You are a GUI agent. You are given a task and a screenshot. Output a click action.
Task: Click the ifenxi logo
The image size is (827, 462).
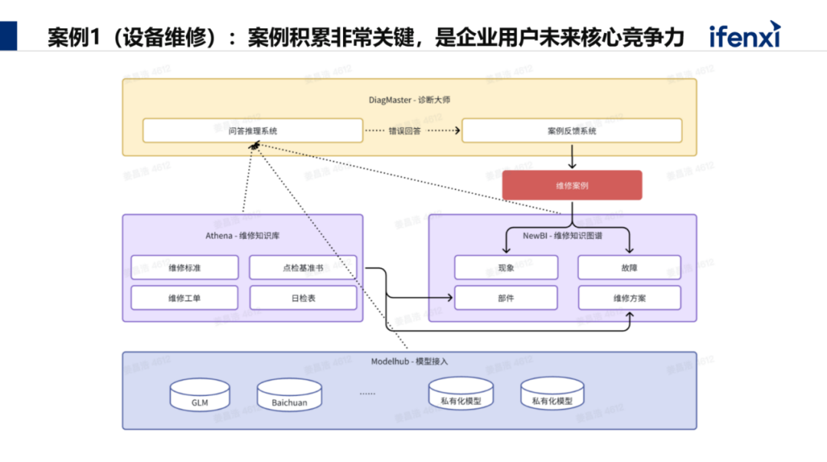pyautogui.click(x=744, y=35)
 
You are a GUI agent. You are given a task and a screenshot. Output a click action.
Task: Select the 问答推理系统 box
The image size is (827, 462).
pyautogui.click(x=253, y=131)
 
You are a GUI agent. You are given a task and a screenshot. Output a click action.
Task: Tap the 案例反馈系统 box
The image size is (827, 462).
pyautogui.click(x=571, y=131)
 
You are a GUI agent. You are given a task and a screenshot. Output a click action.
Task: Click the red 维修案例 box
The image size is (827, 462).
pyautogui.click(x=571, y=185)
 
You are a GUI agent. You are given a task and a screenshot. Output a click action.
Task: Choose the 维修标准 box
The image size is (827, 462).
pyautogui.click(x=185, y=267)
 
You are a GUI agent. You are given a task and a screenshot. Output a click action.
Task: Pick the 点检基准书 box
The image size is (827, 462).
pyautogui.click(x=302, y=267)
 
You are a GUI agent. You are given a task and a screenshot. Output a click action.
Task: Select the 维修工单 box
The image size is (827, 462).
pyautogui.click(x=185, y=297)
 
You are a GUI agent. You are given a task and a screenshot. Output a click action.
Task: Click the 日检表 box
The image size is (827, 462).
pyautogui.click(x=302, y=297)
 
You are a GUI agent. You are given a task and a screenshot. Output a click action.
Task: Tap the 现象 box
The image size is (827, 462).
pyautogui.click(x=505, y=267)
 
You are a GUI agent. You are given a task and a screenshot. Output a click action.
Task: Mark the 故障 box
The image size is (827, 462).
pyautogui.click(x=629, y=267)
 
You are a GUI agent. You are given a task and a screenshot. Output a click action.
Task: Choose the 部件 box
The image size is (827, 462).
pyautogui.click(x=505, y=297)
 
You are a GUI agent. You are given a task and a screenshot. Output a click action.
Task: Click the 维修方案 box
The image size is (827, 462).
pyautogui.click(x=629, y=297)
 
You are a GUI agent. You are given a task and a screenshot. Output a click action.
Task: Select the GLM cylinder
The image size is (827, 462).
pyautogui.click(x=200, y=395)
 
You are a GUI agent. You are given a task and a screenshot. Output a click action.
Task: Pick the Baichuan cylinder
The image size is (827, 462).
pyautogui.click(x=289, y=395)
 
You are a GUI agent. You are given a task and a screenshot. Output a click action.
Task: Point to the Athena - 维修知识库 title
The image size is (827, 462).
pyautogui.click(x=243, y=236)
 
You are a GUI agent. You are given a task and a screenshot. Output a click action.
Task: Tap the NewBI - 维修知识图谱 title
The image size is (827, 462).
pyautogui.click(x=562, y=236)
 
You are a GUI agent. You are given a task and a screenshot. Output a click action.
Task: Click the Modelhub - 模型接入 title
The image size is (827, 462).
pyautogui.click(x=410, y=361)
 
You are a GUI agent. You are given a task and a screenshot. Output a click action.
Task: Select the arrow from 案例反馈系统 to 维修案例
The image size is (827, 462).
pyautogui.click(x=571, y=156)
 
